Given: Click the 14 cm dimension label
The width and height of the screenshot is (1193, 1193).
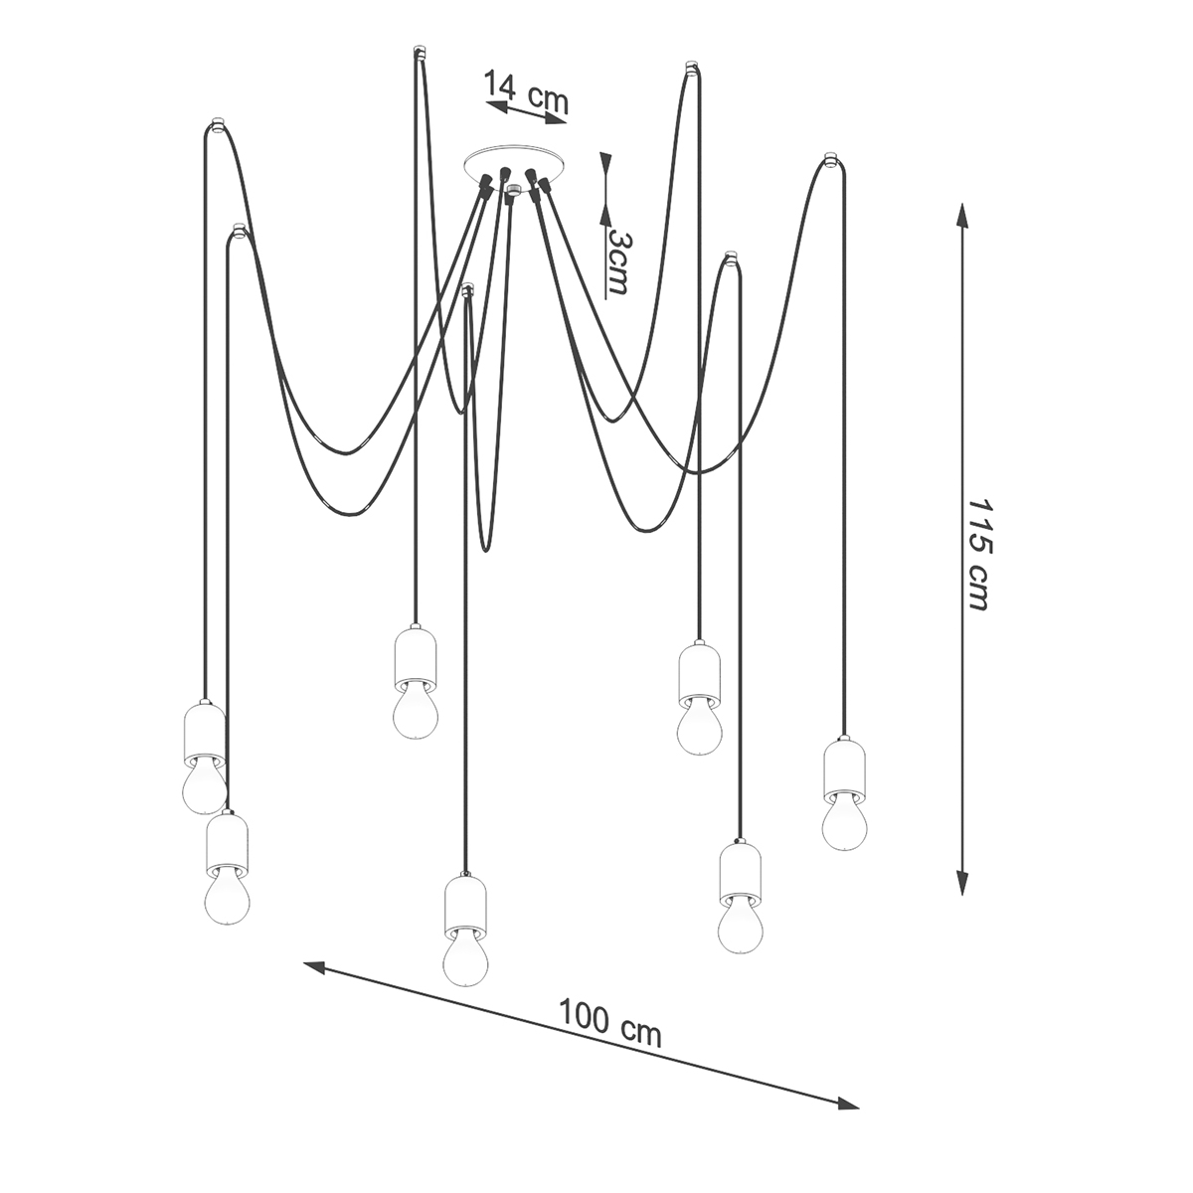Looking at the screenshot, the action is tap(525, 91).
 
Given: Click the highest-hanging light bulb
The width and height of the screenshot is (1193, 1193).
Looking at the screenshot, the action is tap(416, 711).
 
